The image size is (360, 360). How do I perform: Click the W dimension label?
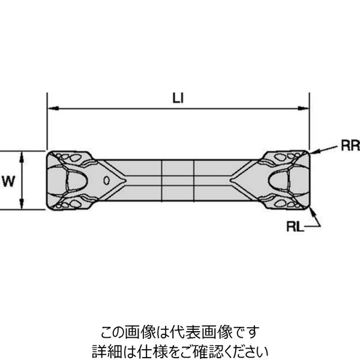point(8,180)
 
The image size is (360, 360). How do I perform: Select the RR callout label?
point(350,145)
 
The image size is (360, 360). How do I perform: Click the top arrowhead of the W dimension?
point(22,155)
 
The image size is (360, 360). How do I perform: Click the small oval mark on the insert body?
point(106,180)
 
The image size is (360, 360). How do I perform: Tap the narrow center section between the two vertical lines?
point(178,179)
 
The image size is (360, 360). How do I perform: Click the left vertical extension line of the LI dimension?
point(47,120)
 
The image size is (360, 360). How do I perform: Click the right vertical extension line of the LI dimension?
point(310,120)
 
